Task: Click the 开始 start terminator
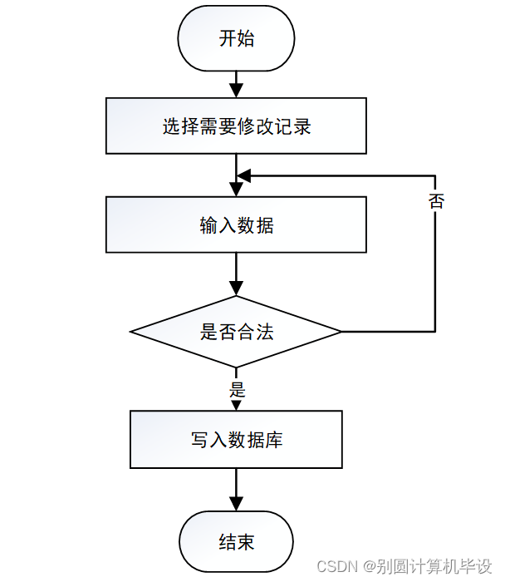pos(236,39)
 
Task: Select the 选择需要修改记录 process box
pos(236,126)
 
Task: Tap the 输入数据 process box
pos(236,224)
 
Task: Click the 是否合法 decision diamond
pos(236,332)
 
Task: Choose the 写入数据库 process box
pos(236,439)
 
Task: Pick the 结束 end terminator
pos(236,542)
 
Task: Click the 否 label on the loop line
pos(435,201)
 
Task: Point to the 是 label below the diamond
pos(237,389)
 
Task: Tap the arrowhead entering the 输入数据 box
pos(236,189)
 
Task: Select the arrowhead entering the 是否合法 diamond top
pos(236,289)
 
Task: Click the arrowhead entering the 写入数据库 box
pos(236,404)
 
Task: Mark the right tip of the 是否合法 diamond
pos(341,332)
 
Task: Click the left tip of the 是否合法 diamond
pos(131,332)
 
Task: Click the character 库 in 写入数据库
pos(274,439)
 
